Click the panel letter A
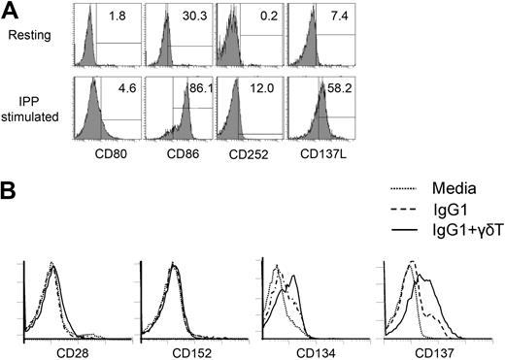(11, 10)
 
